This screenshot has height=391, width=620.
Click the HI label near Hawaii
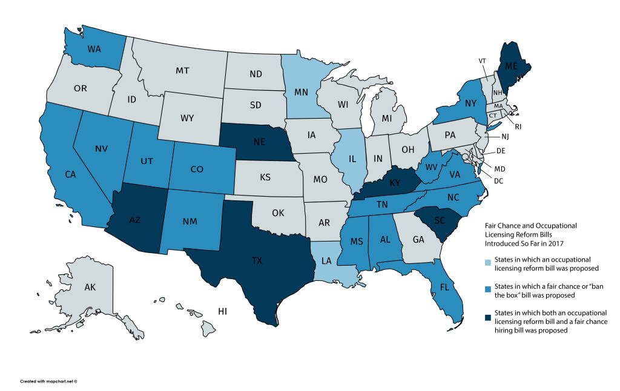point(222,311)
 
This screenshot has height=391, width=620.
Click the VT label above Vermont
point(483,61)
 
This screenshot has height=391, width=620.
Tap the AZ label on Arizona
point(136,220)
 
